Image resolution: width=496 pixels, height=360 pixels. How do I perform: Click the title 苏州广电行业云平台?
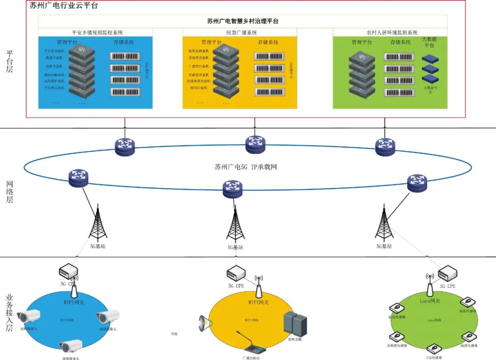tap(64, 6)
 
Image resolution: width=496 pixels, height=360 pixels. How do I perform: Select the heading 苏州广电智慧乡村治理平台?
tap(242, 21)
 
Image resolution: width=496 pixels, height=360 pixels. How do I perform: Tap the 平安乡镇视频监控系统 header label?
tap(97, 33)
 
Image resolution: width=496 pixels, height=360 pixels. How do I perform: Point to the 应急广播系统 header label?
tap(242, 33)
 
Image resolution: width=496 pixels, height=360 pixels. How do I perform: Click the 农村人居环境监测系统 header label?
tap(392, 33)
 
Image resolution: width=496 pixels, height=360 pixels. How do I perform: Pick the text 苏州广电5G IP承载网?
tap(246, 167)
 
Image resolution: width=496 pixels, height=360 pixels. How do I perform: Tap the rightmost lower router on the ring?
tap(417, 183)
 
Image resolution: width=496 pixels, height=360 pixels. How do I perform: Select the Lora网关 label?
tap(430, 301)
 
